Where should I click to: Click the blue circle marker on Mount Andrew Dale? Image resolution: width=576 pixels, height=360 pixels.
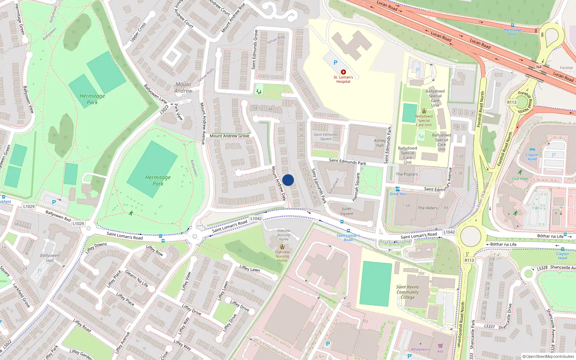[x=288, y=180]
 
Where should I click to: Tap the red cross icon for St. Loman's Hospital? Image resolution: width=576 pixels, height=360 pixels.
[x=343, y=72]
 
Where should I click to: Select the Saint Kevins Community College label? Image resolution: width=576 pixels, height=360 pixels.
[x=408, y=292]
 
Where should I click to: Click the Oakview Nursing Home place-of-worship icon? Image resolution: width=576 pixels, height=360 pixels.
[x=282, y=247]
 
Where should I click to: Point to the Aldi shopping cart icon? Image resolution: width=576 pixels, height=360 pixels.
[x=440, y=346]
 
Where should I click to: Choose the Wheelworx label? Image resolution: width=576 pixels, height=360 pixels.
[x=420, y=349]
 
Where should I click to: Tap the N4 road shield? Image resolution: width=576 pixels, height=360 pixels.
[x=539, y=67]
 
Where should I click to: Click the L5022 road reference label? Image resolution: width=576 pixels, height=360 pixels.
[x=164, y=109]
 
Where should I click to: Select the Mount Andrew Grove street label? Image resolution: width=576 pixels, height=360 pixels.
[x=229, y=136]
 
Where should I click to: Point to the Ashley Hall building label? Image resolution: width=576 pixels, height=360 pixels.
[x=380, y=143]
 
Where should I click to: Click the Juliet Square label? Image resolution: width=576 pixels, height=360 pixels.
[x=347, y=211]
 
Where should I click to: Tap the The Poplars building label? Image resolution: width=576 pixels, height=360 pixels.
[x=407, y=174]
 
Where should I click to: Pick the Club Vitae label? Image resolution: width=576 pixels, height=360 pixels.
[x=520, y=179]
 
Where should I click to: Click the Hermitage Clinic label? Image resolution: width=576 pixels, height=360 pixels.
[x=513, y=32]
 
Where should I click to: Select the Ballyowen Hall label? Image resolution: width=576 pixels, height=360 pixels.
[x=50, y=258]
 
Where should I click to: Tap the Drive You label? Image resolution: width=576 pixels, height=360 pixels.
[x=397, y=194]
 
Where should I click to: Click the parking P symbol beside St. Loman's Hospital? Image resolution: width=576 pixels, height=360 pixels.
[x=336, y=63]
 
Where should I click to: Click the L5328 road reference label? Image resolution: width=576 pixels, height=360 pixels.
[x=542, y=267]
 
